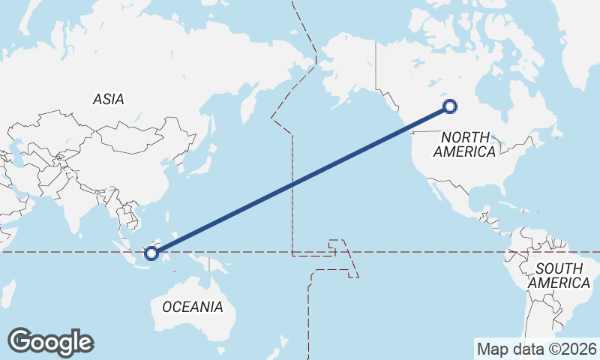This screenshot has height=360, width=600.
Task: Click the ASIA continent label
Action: [x=109, y=99]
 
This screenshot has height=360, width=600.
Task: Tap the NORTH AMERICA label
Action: [x=465, y=144]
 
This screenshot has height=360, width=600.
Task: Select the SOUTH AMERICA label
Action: [x=559, y=276]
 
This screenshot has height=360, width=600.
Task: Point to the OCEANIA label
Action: [x=193, y=307]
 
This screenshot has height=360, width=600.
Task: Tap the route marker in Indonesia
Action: [x=151, y=253]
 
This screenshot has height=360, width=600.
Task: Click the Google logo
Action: [x=50, y=342]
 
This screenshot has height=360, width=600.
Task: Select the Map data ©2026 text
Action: [x=537, y=349]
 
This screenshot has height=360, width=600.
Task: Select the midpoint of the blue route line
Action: [x=301, y=180]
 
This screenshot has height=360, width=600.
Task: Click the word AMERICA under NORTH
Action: [x=465, y=151]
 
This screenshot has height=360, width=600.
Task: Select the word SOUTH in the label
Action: [x=559, y=268]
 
